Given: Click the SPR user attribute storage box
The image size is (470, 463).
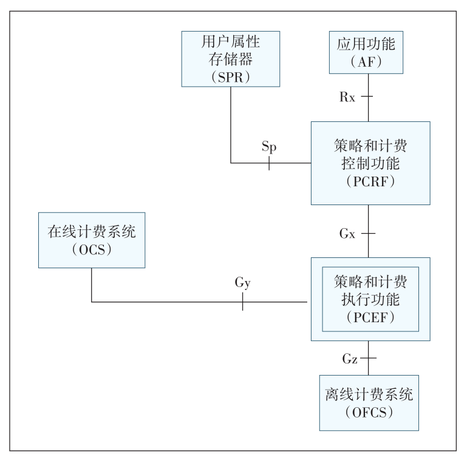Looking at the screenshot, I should click(231, 58).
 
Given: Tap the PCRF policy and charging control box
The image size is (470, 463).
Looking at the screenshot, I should click(370, 163).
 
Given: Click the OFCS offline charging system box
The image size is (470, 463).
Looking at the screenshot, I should click(369, 402).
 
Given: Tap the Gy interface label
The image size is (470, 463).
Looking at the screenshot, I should click(242, 282).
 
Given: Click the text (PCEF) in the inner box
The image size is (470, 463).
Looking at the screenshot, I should click(370, 316).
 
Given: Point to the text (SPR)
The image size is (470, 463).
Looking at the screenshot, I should click(231, 76).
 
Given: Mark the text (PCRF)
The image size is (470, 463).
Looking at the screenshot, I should click(370, 180).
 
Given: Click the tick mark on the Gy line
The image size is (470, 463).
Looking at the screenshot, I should click(242, 301).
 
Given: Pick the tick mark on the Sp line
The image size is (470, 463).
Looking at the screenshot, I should click(269, 163).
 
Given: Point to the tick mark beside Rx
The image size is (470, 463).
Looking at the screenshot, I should click(369, 96).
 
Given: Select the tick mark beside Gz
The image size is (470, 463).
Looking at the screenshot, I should click(369, 359).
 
